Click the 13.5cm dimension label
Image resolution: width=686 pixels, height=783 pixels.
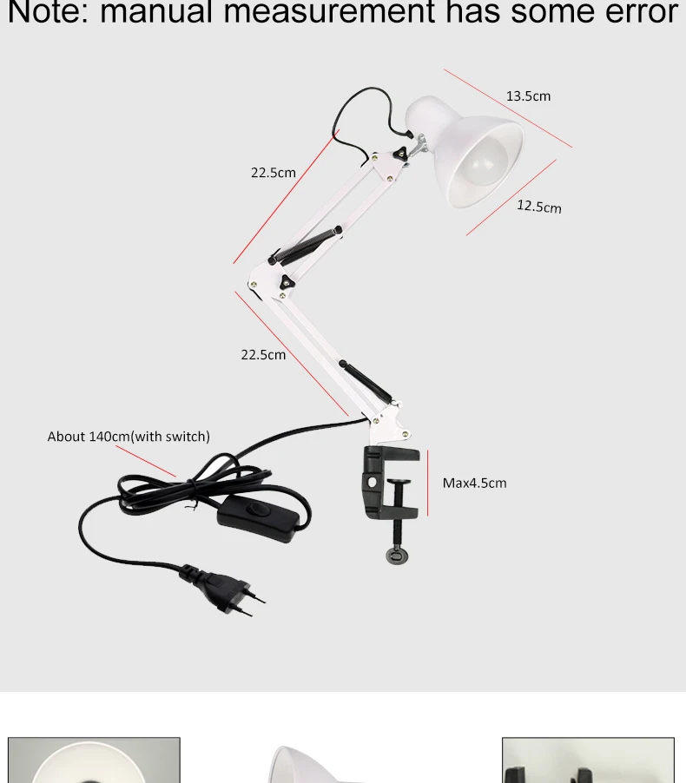point(528,96)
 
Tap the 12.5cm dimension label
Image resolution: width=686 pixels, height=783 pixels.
point(539,206)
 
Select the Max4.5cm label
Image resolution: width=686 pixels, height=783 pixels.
point(474,483)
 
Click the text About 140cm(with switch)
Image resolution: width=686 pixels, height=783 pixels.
point(129,437)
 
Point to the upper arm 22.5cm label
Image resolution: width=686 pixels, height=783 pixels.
point(274,173)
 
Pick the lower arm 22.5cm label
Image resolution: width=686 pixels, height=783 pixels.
point(263,354)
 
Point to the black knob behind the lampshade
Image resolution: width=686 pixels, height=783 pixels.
point(401,153)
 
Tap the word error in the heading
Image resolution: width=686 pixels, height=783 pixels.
point(633,12)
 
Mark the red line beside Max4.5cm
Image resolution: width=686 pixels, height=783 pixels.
point(428,483)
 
